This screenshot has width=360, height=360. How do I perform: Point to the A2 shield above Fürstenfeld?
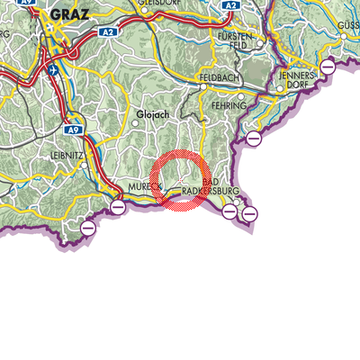pos(229,4)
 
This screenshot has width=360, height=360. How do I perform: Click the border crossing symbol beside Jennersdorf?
pos(328,67)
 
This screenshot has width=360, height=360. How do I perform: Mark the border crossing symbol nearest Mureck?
pos(118,208)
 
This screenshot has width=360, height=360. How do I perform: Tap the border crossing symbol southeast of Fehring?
pos(254,138)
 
